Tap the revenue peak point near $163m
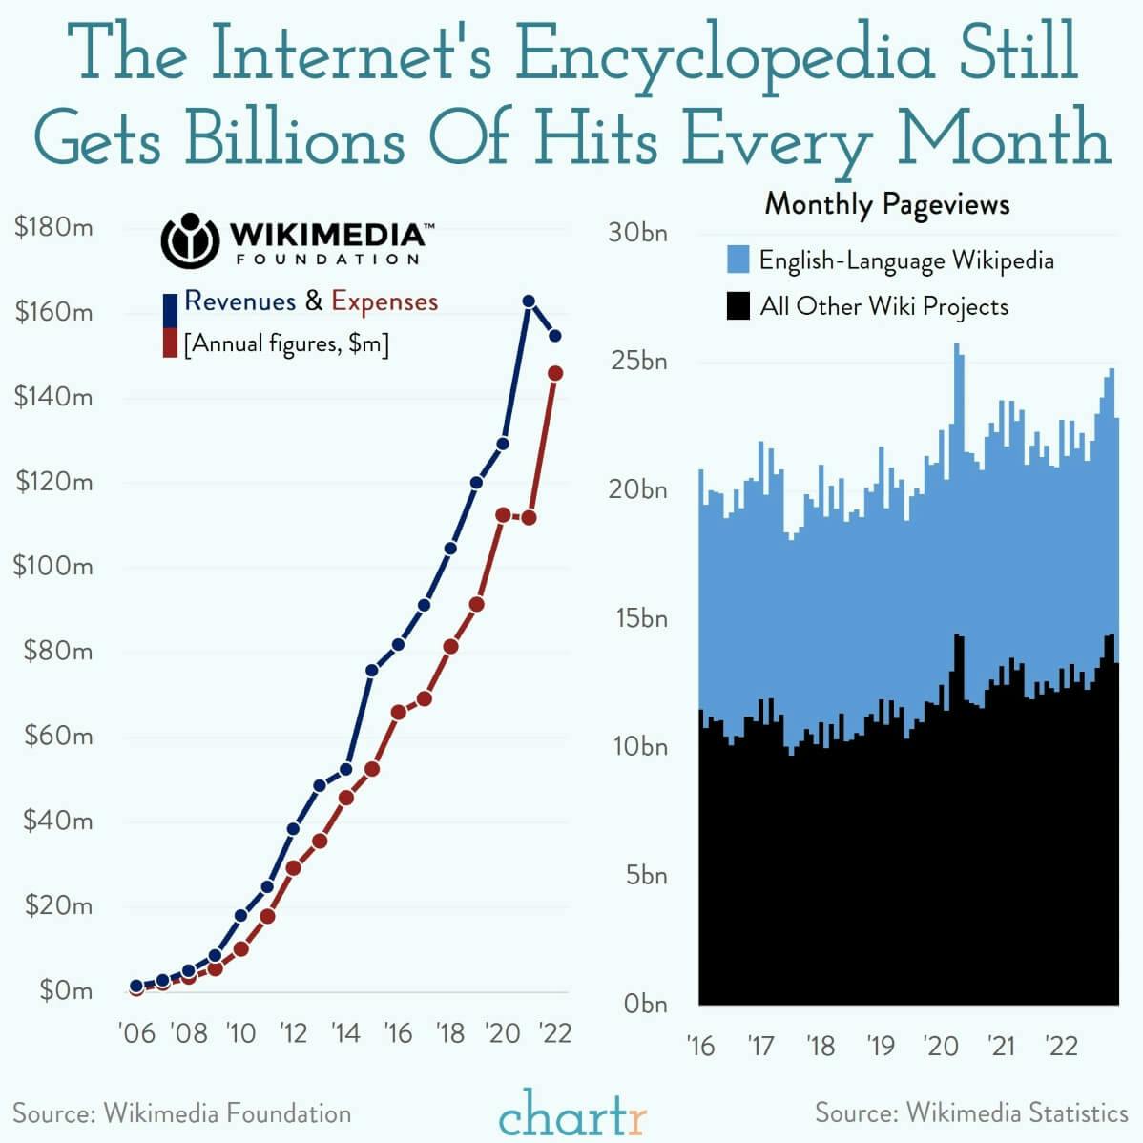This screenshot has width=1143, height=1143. point(529,301)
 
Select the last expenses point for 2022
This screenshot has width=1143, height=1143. point(555,373)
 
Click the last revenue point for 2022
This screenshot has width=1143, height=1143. point(555,336)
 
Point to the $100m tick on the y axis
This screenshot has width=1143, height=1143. point(53,566)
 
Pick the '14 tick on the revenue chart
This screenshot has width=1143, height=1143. point(344,1033)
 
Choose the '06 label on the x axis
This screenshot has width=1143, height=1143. point(135,1033)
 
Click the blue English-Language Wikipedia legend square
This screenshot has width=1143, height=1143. point(738,260)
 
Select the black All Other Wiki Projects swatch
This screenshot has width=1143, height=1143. point(738,306)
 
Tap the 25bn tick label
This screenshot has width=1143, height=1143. point(639,362)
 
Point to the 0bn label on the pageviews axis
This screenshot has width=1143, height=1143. point(645,1004)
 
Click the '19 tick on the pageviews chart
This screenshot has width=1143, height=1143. point(881,1046)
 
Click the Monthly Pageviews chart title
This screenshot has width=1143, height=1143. point(886,204)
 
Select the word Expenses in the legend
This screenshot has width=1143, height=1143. point(384,301)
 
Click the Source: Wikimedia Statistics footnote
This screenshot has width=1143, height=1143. point(971,1112)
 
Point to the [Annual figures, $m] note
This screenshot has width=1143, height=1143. point(286,343)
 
